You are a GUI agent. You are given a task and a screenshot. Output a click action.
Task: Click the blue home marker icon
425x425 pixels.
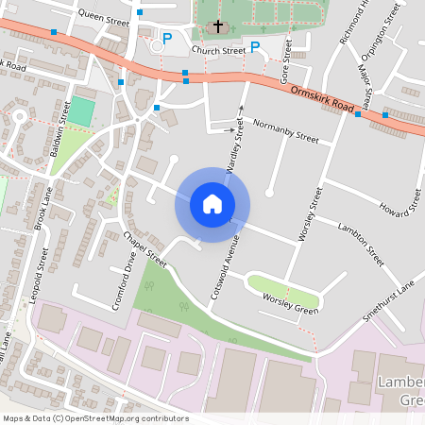tap(212, 203)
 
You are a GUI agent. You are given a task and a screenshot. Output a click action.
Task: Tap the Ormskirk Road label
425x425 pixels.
tap(322, 97)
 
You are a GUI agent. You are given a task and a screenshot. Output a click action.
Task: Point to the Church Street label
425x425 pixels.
tap(218, 50)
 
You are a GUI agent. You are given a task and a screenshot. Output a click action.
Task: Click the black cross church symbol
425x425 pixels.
tap(218, 25)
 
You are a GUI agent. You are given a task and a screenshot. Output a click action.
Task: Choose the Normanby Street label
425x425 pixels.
tap(286, 130)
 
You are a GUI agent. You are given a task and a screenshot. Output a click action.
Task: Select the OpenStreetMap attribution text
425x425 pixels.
tap(95, 418)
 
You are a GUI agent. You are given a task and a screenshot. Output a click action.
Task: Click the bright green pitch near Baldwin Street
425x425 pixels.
tap(82, 112)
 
